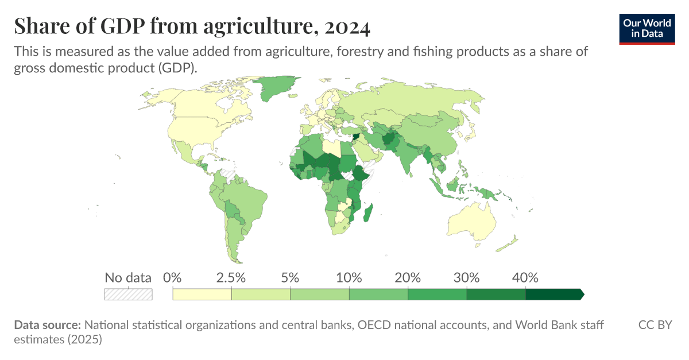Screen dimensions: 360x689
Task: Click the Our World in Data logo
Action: pos(646,28)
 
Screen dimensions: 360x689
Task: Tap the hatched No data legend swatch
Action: pos(128,294)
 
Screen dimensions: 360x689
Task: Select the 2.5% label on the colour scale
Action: pos(231,278)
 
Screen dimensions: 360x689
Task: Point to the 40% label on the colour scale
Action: pos(525,278)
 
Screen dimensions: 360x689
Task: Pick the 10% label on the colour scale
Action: pos(349,278)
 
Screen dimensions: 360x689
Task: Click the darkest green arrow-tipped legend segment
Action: pos(554,295)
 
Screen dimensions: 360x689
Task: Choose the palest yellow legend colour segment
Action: pos(202,295)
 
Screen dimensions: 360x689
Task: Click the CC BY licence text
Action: pos(655,325)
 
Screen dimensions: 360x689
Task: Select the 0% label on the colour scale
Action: pos(172,278)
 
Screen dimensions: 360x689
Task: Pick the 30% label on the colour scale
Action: pos(466,278)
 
